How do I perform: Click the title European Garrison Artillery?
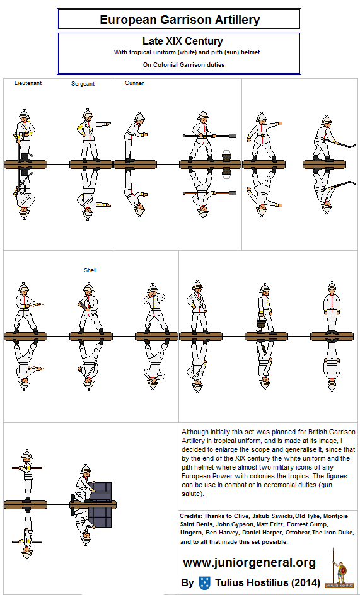click(180, 20)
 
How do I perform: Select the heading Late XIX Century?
click(182, 42)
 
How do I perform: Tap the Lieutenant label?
click(28, 83)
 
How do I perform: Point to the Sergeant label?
click(83, 84)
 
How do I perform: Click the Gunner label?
click(134, 83)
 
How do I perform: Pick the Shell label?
click(90, 270)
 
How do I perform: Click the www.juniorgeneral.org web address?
click(249, 562)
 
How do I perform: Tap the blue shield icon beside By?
click(204, 582)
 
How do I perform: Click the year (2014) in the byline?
click(304, 582)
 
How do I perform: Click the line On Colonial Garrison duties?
click(183, 64)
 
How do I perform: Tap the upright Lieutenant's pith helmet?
click(25, 114)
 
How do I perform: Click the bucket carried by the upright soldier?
click(260, 323)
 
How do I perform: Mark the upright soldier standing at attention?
click(332, 308)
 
